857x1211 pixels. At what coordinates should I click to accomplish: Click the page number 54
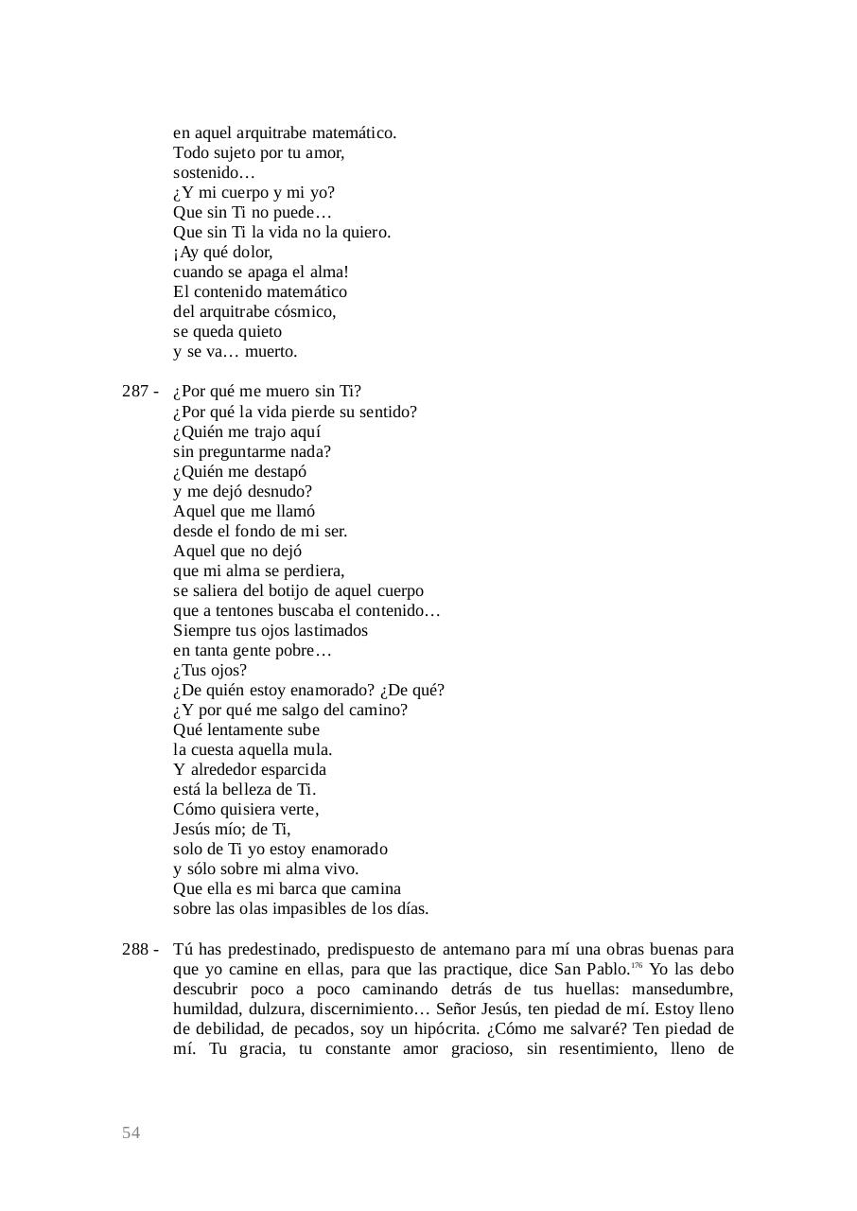click(131, 1133)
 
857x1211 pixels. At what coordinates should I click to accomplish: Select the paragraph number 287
click(135, 392)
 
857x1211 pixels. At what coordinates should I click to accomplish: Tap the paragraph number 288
click(135, 949)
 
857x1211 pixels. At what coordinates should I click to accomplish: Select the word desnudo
click(280, 492)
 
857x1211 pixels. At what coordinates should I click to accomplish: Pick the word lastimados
click(324, 631)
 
